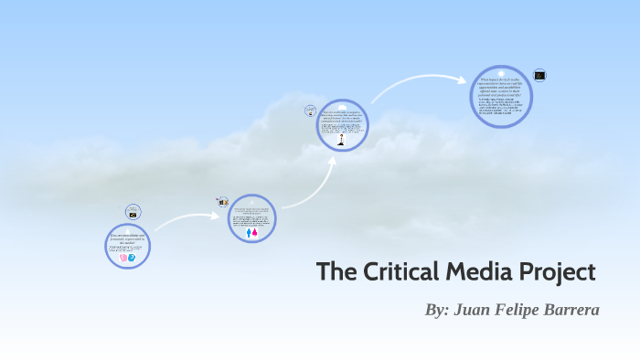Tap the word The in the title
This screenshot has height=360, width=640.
point(334,272)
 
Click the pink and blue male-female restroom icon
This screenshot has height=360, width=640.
point(252,232)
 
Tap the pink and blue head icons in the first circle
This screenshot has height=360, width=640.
point(128,259)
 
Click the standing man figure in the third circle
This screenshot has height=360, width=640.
point(342,141)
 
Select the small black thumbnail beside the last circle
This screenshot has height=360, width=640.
point(539,76)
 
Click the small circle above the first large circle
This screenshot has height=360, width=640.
point(133,212)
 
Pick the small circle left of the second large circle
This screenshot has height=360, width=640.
point(221,201)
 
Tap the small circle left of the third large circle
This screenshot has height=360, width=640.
point(310,111)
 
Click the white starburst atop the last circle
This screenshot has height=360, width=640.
point(500,73)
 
